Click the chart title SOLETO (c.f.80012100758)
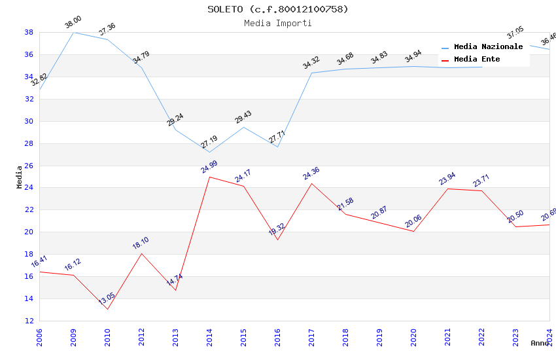pyautogui.click(x=278, y=9)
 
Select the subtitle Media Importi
pyautogui.click(x=278, y=23)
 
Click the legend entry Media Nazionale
pyautogui.click(x=488, y=46)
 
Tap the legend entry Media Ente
pyautogui.click(x=477, y=59)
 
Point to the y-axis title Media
pyautogui.click(x=20, y=177)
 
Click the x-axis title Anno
pyautogui.click(x=540, y=343)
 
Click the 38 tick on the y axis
pyautogui.click(x=29, y=32)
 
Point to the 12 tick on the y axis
pyautogui.click(x=29, y=321)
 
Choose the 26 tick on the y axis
pyautogui.click(x=29, y=166)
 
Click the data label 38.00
pyautogui.click(x=73, y=22)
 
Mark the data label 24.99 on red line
pyautogui.click(x=209, y=167)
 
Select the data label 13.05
pyautogui.click(x=107, y=299)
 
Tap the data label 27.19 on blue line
pyautogui.click(x=209, y=143)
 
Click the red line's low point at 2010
pyautogui.click(x=107, y=309)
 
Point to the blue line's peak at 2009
pyautogui.click(x=73, y=32)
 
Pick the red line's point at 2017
pyautogui.click(x=311, y=183)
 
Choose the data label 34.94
pyautogui.click(x=413, y=56)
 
